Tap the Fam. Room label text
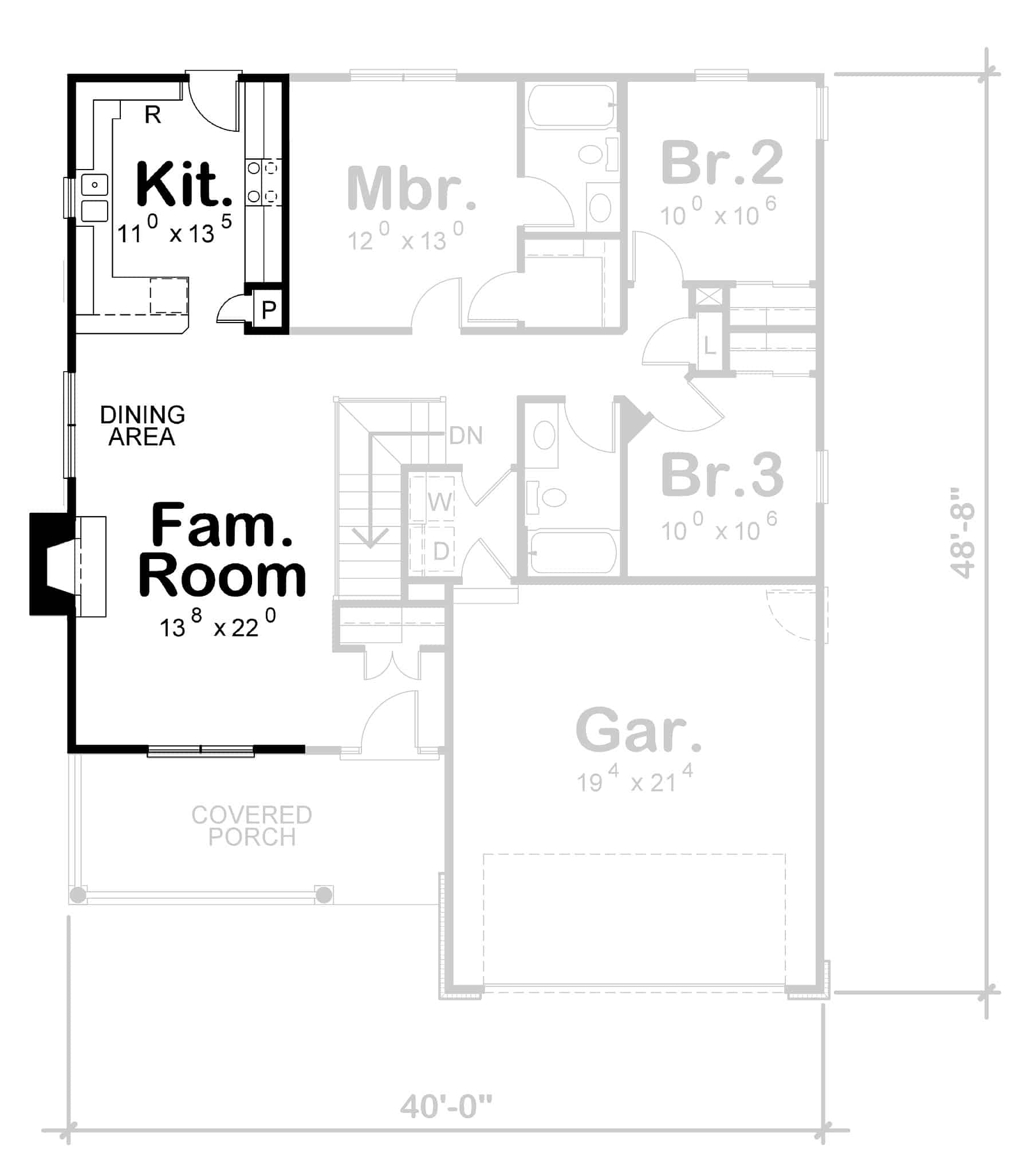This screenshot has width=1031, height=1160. coord(222,550)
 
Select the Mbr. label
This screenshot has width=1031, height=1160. coord(411,189)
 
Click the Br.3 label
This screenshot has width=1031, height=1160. coord(722,475)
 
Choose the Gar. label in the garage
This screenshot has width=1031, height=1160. coord(638,730)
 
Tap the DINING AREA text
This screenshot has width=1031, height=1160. coord(142,426)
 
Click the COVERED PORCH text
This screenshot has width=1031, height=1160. coord(251,825)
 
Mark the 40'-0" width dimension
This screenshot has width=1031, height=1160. coord(446,1106)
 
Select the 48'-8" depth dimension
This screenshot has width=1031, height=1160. coord(962,533)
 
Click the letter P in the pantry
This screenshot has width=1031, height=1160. coord(269,310)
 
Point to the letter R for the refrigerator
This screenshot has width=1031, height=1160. coord(152,115)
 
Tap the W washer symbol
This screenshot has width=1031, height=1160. coord(440,502)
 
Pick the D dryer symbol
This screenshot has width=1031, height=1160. coord(440,551)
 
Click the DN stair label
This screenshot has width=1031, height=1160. coord(466,436)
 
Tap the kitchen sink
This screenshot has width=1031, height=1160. coord(95,197)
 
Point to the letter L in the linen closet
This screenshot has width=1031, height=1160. coord(710,346)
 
